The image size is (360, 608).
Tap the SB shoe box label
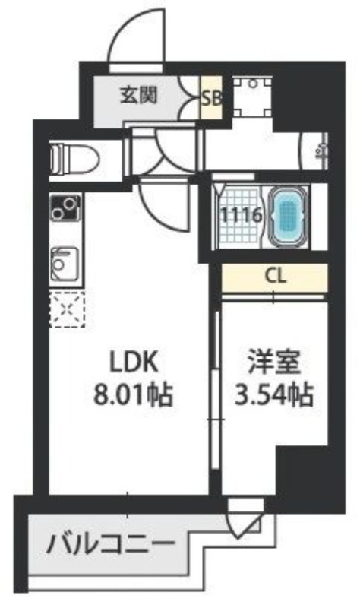tap(211, 99)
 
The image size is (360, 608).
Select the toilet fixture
tap(74, 159)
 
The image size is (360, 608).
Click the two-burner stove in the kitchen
tap(65, 207)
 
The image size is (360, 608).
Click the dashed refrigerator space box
tap(67, 309)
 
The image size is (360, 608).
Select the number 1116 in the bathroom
tap(242, 214)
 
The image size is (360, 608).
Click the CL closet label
tap(275, 276)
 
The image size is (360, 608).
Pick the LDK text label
tap(134, 363)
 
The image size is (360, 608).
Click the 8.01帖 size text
tap(132, 395)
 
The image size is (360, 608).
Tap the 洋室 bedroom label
tap(274, 363)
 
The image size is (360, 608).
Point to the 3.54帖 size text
tap(274, 394)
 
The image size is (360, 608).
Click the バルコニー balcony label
tap(110, 544)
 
